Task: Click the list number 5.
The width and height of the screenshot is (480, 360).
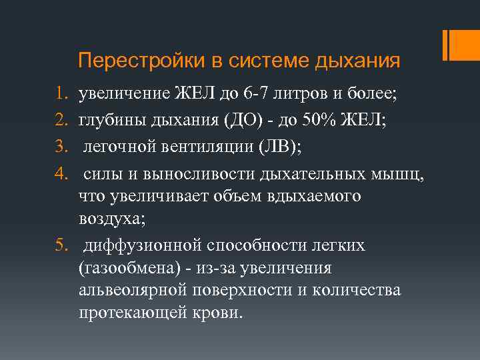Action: (60, 247)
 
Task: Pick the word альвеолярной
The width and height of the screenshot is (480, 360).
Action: (131, 291)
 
